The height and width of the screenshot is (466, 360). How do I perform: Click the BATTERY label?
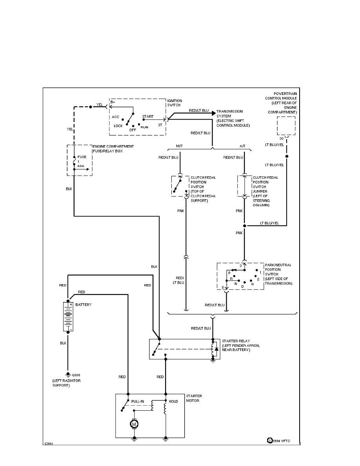coord(84,304)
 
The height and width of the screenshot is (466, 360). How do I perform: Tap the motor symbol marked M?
coord(134,424)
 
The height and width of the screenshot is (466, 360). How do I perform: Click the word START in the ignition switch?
coord(148,116)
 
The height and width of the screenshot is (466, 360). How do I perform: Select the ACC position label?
coord(115,117)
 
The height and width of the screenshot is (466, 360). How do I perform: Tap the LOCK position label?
coord(118,126)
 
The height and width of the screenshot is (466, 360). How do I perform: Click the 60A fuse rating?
coord(81,166)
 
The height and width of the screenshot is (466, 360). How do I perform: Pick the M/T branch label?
coord(179,146)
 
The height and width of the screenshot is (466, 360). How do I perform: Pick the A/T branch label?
coord(242,146)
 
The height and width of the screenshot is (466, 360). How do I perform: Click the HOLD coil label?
coord(173,402)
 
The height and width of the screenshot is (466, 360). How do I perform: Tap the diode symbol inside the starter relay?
coord(216,349)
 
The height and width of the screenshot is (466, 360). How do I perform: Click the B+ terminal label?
coord(113,102)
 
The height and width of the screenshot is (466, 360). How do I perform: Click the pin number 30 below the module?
coord(281,138)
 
